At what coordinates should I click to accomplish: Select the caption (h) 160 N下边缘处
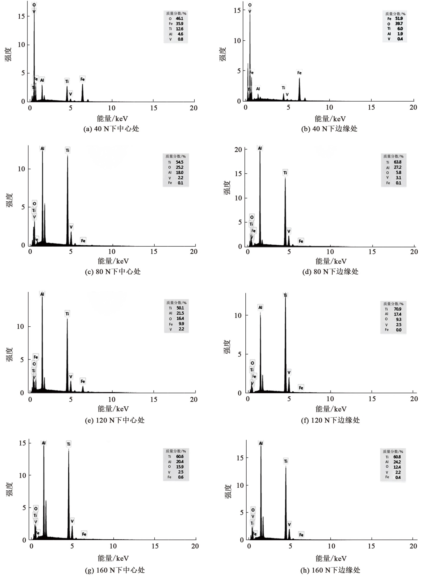coord(330,570)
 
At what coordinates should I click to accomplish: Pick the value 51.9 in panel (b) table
coord(399,19)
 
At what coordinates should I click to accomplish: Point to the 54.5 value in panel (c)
coord(179,162)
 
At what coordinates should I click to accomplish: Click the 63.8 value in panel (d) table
coord(398,162)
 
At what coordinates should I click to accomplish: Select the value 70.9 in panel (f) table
coord(398,309)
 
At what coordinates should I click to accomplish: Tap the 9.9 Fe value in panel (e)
coord(181,324)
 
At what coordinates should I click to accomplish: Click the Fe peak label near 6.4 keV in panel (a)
coord(82,79)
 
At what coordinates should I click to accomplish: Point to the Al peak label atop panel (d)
coord(260,148)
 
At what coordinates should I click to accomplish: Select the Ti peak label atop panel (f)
coord(285,295)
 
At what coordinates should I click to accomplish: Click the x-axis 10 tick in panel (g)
coord(113,546)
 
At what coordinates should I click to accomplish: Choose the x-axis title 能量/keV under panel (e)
coord(113,408)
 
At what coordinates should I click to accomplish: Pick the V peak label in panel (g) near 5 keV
coord(72,521)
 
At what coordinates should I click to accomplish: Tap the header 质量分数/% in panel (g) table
coord(176,451)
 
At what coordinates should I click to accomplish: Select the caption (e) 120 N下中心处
coord(115,420)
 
